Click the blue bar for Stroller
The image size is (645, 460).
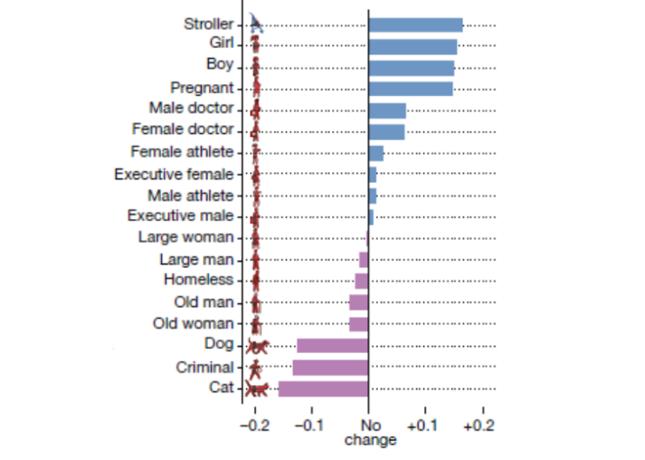tap(415, 25)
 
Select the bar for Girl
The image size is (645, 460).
tap(413, 46)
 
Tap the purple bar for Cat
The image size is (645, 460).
tap(323, 388)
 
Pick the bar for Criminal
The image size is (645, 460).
tap(330, 367)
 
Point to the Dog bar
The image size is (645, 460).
tap(332, 345)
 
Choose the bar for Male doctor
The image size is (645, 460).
tap(387, 110)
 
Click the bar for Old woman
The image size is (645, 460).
tap(358, 323)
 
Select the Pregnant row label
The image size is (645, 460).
tap(202, 89)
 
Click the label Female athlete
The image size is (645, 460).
tap(182, 151)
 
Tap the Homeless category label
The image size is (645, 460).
tap(198, 280)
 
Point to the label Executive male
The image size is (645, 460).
tap(180, 216)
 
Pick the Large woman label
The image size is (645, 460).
tap(186, 237)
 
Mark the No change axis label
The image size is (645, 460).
tap(369, 432)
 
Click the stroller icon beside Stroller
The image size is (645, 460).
tap(257, 24)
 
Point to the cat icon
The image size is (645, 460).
tap(257, 389)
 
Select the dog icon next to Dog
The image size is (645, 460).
tap(257, 346)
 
